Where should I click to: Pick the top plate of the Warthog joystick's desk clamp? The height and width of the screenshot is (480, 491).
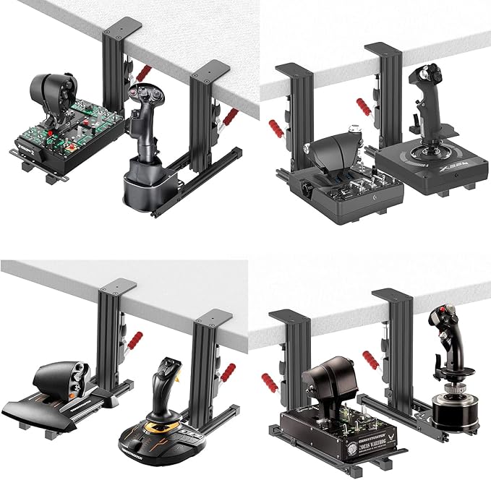(392, 294)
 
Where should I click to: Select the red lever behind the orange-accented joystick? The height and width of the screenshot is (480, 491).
(228, 373)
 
